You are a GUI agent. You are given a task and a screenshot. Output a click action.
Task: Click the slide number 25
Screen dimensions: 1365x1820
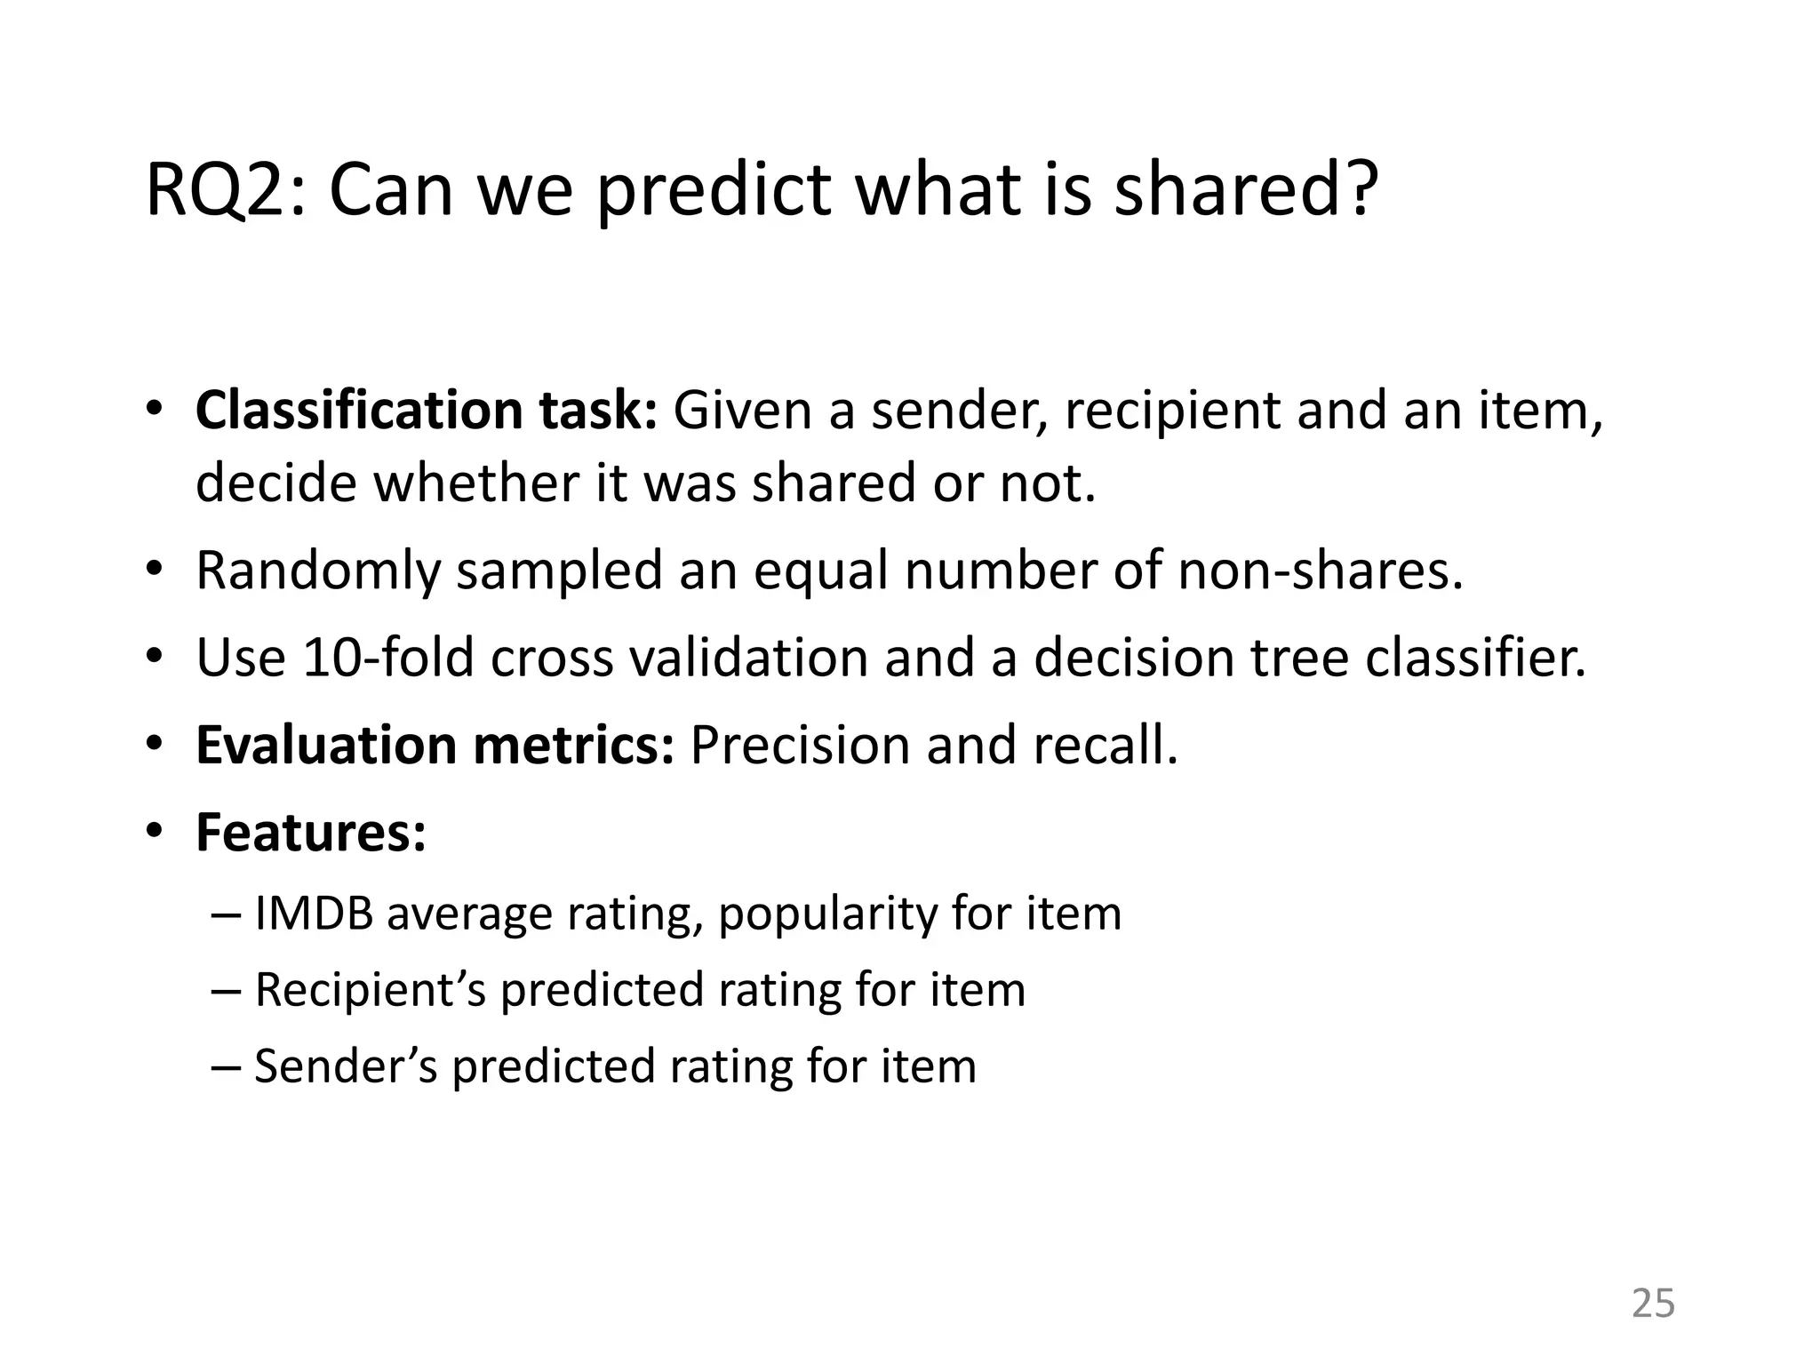(1653, 1304)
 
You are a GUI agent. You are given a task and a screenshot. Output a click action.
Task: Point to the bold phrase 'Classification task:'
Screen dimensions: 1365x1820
(426, 411)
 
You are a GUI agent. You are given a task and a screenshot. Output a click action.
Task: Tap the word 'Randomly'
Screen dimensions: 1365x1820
(317, 571)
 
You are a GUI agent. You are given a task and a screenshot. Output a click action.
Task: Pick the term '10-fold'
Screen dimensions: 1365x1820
(387, 658)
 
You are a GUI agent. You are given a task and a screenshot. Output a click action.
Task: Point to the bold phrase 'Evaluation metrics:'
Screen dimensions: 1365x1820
(435, 745)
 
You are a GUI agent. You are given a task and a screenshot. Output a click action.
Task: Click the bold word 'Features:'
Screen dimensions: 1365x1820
(311, 833)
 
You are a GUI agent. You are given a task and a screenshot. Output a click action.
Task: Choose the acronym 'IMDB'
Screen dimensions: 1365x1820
(313, 914)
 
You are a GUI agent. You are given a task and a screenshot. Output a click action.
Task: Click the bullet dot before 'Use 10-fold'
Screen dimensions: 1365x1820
(155, 658)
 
